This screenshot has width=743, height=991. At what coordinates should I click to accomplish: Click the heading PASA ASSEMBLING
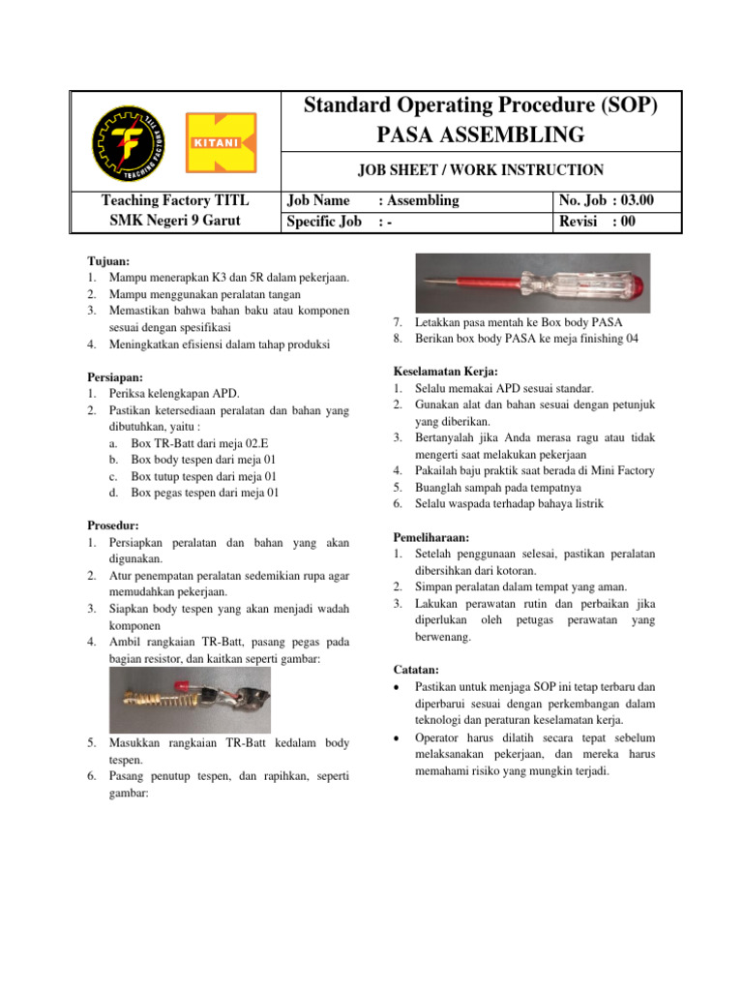coord(481,134)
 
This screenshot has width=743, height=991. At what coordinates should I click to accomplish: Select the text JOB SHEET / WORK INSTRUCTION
coord(481,170)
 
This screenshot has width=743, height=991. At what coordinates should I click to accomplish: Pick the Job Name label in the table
coord(319,201)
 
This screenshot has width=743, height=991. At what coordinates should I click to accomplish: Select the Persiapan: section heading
coord(115,377)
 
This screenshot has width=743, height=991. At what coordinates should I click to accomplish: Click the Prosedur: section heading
coord(112,526)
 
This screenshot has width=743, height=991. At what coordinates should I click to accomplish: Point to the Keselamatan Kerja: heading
coord(446,372)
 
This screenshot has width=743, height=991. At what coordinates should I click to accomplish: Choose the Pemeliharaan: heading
coord(431,537)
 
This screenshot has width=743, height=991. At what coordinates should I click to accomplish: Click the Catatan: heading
coord(417,669)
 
